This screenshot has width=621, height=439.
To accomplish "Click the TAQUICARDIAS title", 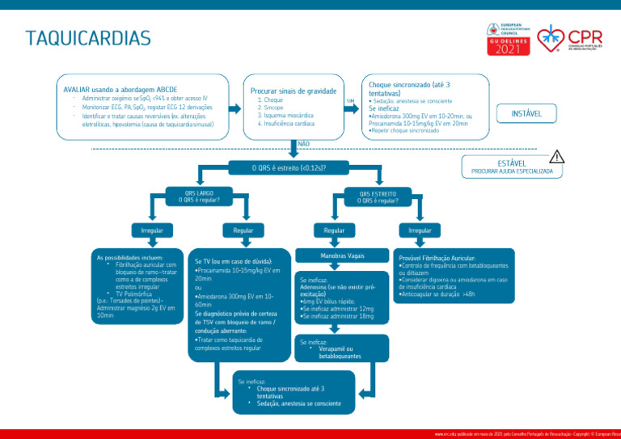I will [87, 39].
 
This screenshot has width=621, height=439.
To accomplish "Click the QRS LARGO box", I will [198, 196].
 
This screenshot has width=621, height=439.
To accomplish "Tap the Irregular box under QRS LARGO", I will [153, 230].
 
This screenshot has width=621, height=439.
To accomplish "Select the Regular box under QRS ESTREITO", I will [335, 230].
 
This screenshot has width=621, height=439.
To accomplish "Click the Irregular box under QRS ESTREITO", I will [420, 230].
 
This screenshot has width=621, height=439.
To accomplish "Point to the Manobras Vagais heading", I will [342, 256].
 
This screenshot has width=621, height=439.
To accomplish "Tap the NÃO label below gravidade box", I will [303, 144].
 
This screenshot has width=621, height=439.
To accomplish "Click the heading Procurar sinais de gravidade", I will [293, 91].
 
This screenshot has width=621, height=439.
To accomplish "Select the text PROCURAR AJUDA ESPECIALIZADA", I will [512, 171].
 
